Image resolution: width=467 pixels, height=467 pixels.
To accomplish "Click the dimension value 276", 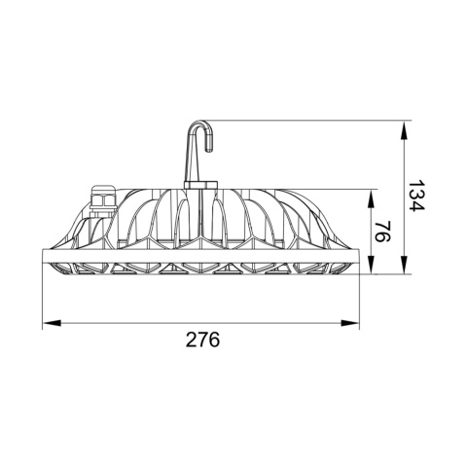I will point(202,340).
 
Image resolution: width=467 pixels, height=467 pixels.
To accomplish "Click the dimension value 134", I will point(415,198).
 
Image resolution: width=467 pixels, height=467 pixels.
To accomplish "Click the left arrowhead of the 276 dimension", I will point(51,321).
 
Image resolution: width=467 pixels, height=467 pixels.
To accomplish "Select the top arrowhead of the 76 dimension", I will point(370,195).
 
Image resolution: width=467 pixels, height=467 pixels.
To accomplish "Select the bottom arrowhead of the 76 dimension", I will point(370,269).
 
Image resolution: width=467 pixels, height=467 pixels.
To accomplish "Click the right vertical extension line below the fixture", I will point(359,297).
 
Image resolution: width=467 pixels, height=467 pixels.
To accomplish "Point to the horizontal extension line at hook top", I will point(311,120).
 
